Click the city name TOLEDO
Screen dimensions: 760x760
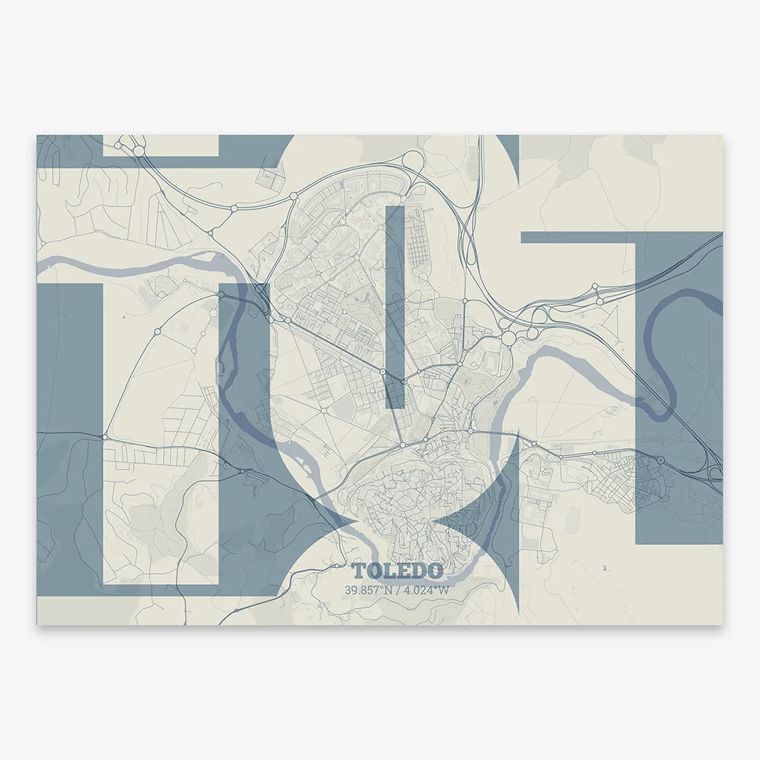coord(398,571)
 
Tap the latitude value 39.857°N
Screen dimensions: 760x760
coord(370,590)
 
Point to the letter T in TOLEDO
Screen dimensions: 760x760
coord(360,571)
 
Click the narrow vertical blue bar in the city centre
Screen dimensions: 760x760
coord(395,304)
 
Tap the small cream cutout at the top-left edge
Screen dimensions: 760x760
coord(160,145)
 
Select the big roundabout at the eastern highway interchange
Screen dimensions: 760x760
coord(508,338)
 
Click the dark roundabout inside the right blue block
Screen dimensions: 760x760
coord(660,460)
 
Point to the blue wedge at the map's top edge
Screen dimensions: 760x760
coord(508,148)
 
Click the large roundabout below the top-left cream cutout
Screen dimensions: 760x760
coord(139,151)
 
